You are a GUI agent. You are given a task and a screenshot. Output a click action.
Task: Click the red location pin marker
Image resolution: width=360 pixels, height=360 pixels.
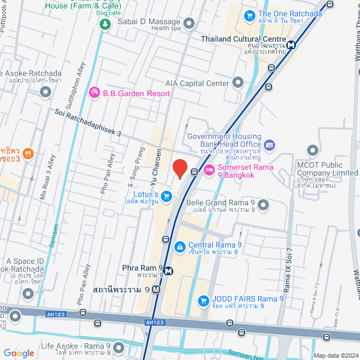tap(179, 168)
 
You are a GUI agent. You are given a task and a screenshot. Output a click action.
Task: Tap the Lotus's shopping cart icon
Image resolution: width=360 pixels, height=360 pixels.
tap(166, 196)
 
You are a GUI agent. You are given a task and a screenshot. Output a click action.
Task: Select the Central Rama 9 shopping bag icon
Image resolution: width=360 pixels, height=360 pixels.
tap(179, 246)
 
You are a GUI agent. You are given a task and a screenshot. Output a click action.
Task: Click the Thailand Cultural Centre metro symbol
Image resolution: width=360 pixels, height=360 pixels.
tap(291, 45)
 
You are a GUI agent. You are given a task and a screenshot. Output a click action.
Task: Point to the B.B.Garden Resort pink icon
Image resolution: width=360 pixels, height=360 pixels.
tap(94, 92)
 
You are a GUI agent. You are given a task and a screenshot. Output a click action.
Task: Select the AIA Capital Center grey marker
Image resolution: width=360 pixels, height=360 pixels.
tap(238, 83)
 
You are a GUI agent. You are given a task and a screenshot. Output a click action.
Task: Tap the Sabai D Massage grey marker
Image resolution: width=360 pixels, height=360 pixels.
tap(189, 23)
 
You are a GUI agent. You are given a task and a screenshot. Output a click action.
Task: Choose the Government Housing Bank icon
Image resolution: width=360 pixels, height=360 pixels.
tap(269, 145)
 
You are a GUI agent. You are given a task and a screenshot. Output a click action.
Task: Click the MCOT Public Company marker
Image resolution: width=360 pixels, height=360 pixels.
tap(312, 151)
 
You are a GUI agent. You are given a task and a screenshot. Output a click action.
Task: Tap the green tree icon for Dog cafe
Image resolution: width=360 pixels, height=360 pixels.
tap(104, 24)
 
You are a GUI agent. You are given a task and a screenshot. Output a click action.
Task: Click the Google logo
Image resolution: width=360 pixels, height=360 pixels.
tap(19, 353)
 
